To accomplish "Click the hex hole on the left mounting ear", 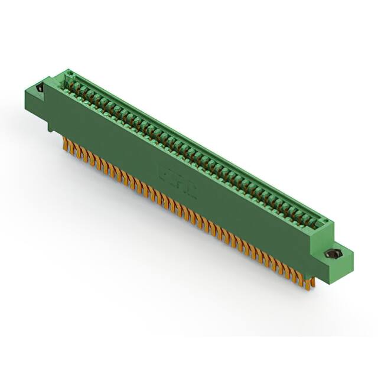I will pyautogui.click(x=40, y=89).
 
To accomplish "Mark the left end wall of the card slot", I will pyautogui.click(x=69, y=80).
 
